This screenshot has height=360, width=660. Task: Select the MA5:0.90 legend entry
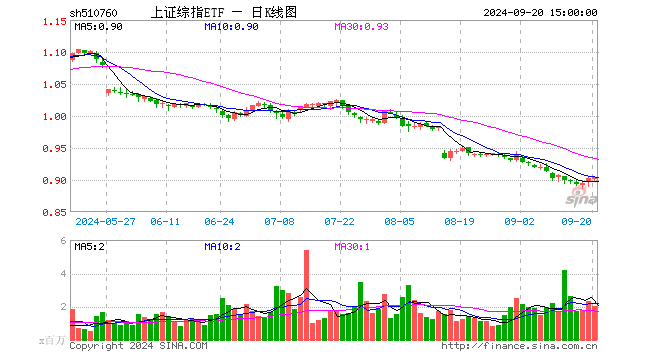[x=97, y=27]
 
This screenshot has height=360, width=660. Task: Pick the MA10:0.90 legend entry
[x=231, y=27]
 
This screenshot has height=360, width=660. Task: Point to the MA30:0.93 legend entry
[x=361, y=27]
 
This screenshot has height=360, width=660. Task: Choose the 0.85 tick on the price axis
[x=56, y=213]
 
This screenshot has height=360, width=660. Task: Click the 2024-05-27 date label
[x=104, y=221]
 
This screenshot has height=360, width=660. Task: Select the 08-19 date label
[x=458, y=221]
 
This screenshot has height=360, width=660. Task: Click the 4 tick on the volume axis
[x=64, y=274]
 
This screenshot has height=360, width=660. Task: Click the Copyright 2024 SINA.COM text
[x=138, y=346]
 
